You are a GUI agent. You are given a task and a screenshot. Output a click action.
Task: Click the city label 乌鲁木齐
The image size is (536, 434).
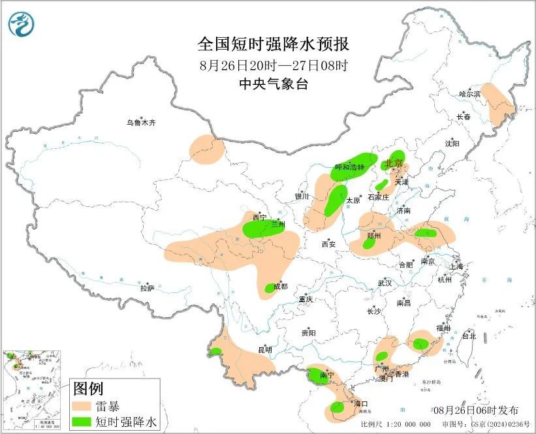tap(142, 122)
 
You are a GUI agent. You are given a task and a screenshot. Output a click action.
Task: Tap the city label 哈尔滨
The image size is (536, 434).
tap(469, 94)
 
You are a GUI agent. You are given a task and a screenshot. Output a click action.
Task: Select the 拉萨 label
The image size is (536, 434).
tap(147, 288)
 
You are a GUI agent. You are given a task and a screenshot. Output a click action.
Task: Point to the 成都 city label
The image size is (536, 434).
tap(281, 286)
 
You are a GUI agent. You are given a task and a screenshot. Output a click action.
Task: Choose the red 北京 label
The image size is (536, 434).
tap(394, 163)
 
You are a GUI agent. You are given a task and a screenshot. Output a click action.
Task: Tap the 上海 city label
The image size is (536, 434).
tap(456, 266)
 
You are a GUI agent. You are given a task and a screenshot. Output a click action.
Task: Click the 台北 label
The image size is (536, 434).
tap(469, 336)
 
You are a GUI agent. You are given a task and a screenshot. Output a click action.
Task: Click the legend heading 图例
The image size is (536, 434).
tap(88, 389)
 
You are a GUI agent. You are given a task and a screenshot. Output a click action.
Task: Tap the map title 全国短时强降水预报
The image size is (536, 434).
tap(274, 44)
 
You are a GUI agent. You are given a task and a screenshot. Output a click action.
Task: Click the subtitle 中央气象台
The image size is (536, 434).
tap(274, 84)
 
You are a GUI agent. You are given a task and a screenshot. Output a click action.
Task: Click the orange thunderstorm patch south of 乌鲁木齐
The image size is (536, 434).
tap(207, 149)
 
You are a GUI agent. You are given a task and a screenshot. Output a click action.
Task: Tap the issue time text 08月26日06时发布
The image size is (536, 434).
tap(476, 410)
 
